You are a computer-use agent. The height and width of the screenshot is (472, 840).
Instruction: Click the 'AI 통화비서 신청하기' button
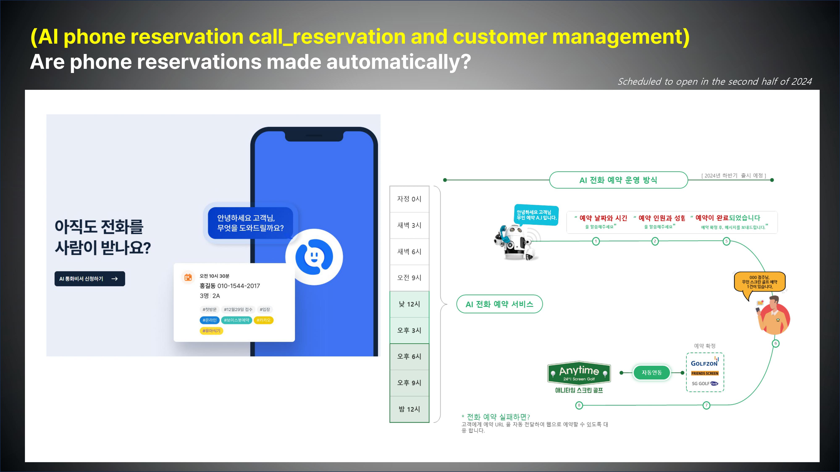[90, 279]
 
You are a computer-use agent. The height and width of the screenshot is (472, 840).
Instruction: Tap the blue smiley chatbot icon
[314, 257]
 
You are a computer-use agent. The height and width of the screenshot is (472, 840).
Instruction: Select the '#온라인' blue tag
[209, 320]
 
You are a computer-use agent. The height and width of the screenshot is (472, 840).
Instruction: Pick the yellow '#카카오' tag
[264, 320]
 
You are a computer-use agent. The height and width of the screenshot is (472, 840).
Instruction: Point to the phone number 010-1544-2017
[239, 286]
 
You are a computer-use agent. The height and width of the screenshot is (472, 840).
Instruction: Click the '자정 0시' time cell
[409, 199]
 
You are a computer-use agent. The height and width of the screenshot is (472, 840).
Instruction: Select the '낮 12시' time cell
[409, 304]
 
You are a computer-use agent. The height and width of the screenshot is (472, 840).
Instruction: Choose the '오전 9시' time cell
[409, 278]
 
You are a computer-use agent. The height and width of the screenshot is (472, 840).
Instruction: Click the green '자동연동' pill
[651, 373]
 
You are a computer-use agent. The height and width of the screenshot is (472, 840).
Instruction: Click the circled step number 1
[596, 241]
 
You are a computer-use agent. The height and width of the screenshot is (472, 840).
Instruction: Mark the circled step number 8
[579, 406]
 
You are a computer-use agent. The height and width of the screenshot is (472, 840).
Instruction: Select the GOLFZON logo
[705, 362]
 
